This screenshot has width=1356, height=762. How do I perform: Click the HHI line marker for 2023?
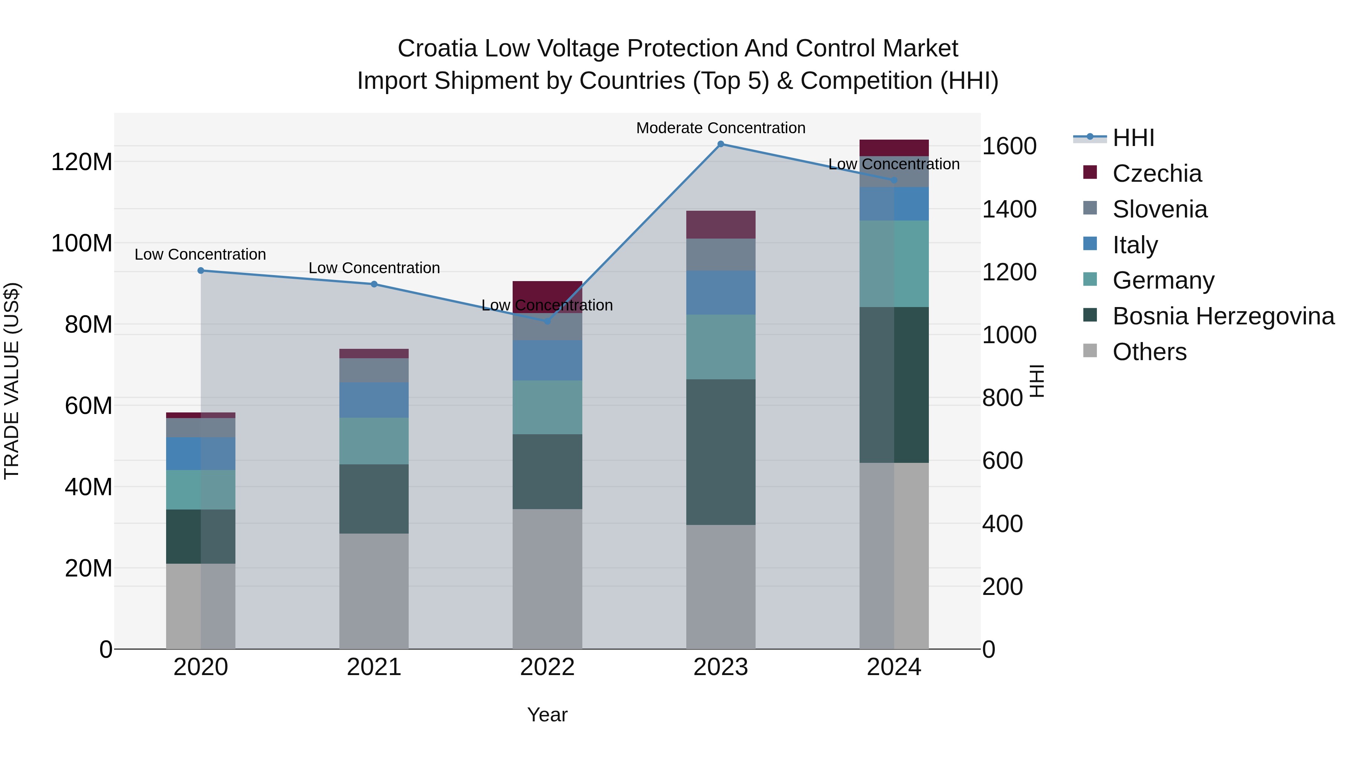tap(721, 144)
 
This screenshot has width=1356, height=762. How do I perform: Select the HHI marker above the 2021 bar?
tap(374, 284)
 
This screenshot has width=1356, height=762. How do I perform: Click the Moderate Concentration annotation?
tap(721, 128)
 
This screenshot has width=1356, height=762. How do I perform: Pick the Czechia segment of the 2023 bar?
tap(721, 225)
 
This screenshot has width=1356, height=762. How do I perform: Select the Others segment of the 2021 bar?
tap(374, 591)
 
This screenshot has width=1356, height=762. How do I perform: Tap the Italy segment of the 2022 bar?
tap(547, 360)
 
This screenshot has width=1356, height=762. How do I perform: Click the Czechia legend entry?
tap(1156, 173)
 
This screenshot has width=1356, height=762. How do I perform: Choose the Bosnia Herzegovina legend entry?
tap(1223, 316)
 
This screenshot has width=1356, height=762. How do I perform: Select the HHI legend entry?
tap(1133, 138)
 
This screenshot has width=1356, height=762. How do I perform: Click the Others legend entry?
tap(1149, 352)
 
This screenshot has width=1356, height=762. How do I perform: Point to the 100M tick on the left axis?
tap(82, 243)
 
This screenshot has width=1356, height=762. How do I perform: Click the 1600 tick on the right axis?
tap(1009, 146)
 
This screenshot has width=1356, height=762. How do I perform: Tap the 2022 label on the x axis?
tap(547, 667)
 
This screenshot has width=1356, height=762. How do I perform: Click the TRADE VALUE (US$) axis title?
tap(12, 381)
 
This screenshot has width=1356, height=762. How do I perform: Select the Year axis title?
tap(547, 715)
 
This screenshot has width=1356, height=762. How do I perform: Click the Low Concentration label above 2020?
tap(200, 254)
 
